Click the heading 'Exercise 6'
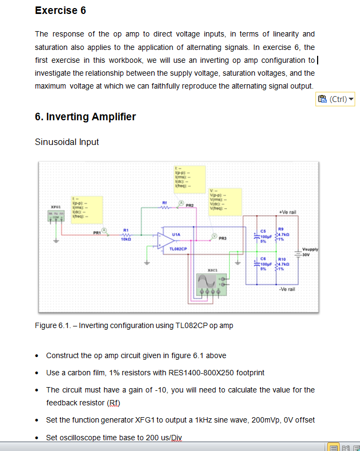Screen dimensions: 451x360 click(60, 10)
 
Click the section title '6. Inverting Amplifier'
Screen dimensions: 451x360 click(85, 117)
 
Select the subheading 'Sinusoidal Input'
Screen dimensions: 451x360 click(67, 142)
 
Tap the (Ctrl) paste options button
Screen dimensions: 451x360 click(336, 99)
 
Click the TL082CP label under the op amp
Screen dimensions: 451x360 click(178, 249)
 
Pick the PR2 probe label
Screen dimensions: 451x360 click(189, 205)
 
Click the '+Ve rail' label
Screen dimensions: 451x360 click(288, 212)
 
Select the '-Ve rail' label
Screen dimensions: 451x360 click(287, 289)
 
